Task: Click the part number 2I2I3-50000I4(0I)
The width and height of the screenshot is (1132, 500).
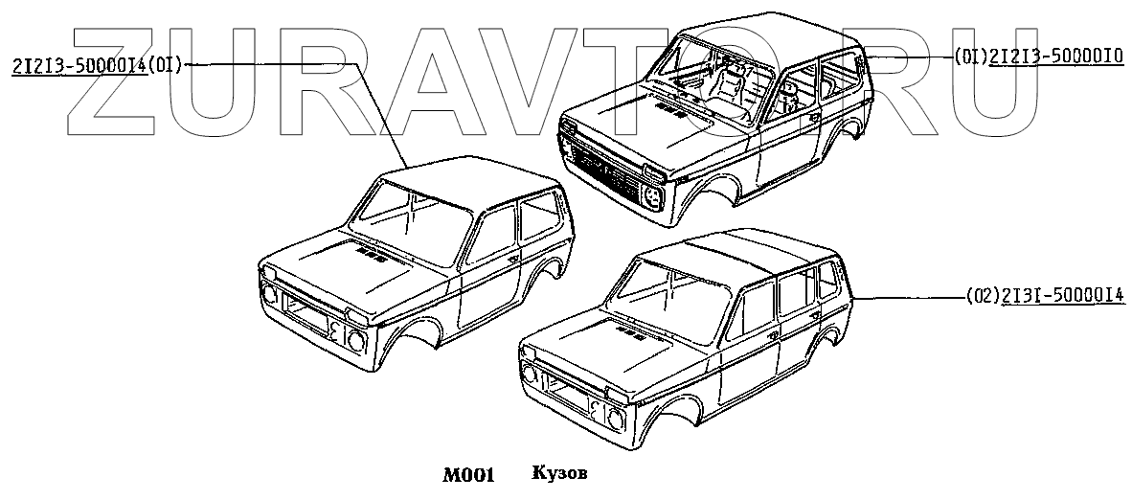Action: point(97,66)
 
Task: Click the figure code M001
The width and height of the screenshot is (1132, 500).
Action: point(467,475)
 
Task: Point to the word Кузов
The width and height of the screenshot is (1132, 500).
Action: point(559,474)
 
